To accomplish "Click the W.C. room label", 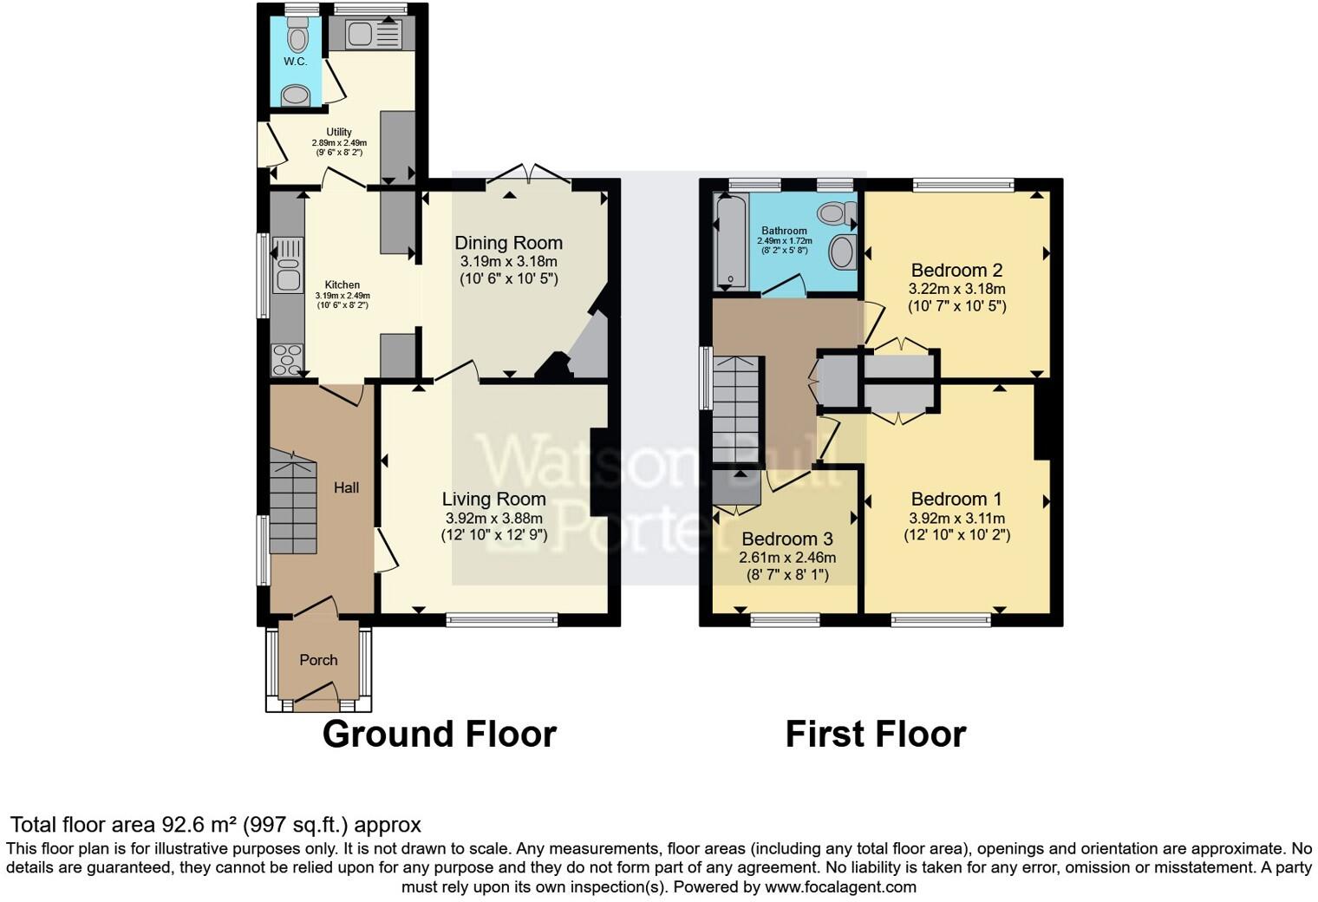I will click(295, 62).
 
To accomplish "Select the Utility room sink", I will click(373, 35).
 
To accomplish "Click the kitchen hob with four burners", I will click(287, 359).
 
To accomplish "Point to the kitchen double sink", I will click(287, 265).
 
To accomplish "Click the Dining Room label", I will click(508, 243).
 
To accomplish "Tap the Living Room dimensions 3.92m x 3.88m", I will click(494, 519).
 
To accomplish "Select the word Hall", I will click(347, 487).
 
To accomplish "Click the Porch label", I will click(318, 660).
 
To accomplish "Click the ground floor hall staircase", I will click(292, 503).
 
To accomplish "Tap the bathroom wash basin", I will click(842, 252).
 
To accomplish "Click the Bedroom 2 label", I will click(956, 270).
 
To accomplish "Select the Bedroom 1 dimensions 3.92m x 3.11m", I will click(956, 519).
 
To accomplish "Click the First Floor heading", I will click(875, 735).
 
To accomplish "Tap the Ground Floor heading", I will click(439, 735).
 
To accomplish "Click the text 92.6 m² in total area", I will click(199, 824).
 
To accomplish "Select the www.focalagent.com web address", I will click(840, 886).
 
